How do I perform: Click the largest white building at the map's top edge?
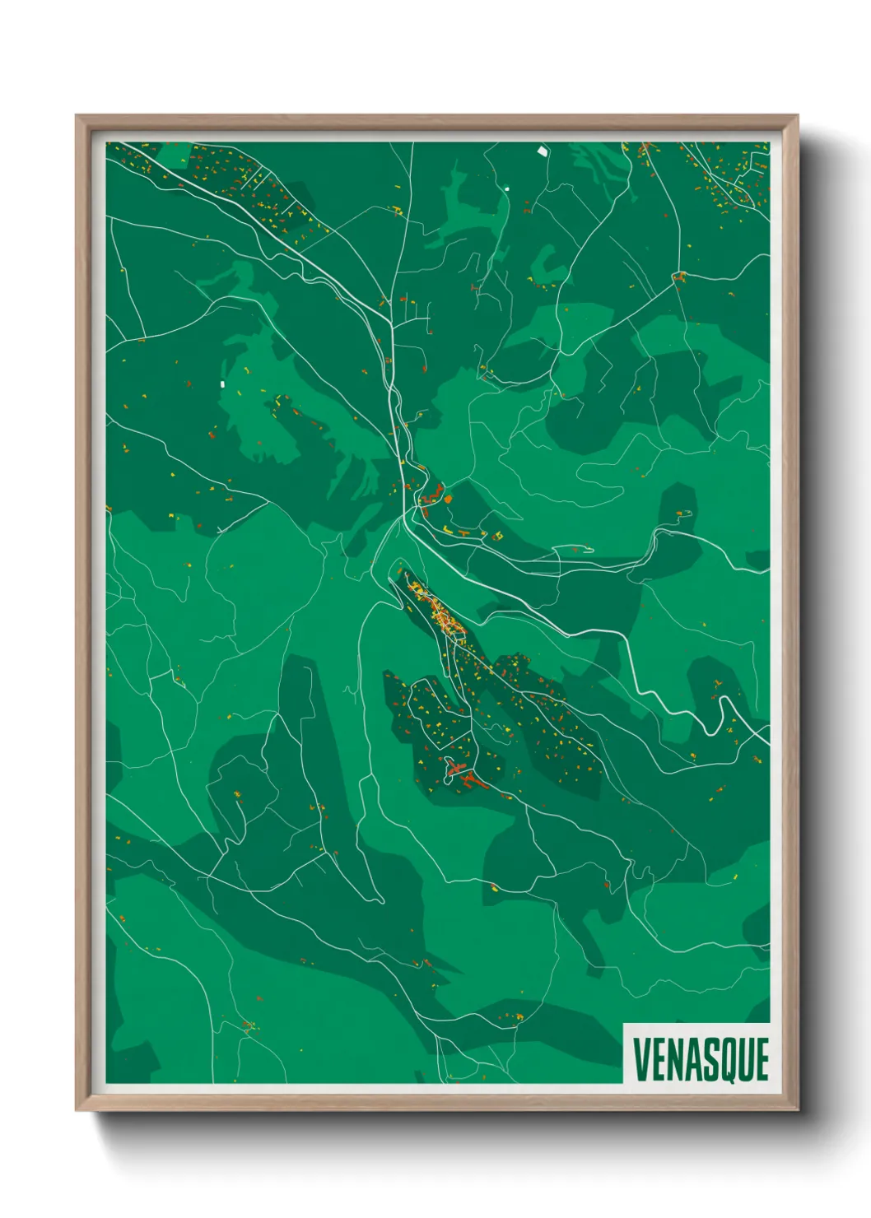pos(542,151)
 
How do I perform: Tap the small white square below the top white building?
pos(507,188)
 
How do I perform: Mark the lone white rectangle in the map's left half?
pos(221,384)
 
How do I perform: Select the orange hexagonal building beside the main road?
pos(448,497)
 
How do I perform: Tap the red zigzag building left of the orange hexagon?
pos(430,497)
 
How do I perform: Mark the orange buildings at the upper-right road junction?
pos(679,277)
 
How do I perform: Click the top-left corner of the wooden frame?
pos(77,117)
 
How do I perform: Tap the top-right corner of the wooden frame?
pos(797,117)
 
